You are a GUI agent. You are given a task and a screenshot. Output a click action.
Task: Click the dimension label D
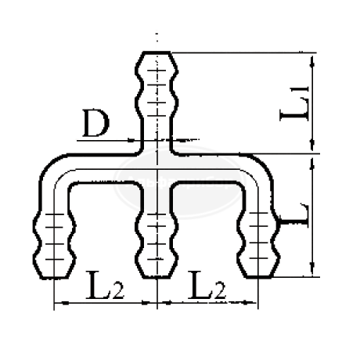pyautogui.click(x=95, y=124)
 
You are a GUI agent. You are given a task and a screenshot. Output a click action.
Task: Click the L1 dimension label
pyautogui.click(x=294, y=103)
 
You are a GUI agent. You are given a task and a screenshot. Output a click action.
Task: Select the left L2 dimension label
pyautogui.click(x=105, y=286)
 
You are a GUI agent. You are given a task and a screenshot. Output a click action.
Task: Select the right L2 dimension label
pyautogui.click(x=207, y=286)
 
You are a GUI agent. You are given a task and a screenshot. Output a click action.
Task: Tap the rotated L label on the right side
pyautogui.click(x=294, y=215)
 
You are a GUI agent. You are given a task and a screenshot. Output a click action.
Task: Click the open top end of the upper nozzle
pyautogui.click(x=157, y=53)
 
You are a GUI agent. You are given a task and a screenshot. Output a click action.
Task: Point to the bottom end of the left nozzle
pyautogui.click(x=54, y=277)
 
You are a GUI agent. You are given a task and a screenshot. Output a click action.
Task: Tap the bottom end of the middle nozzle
pyautogui.click(x=157, y=277)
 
